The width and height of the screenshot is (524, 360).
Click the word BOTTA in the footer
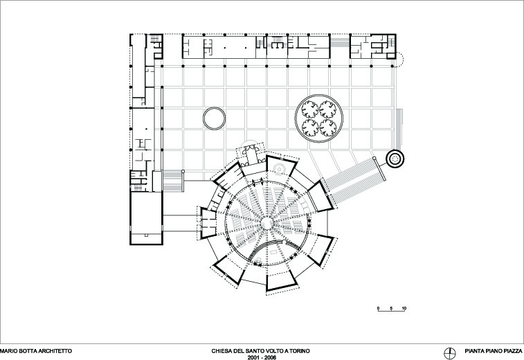click(x=27, y=351)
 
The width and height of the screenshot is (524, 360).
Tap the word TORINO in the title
click(x=300, y=351)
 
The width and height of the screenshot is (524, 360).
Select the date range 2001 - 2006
click(x=262, y=357)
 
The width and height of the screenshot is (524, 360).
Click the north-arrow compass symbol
click(x=450, y=353)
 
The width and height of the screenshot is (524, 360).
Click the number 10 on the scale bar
click(x=404, y=308)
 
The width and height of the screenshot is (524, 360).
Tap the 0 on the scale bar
click(x=379, y=308)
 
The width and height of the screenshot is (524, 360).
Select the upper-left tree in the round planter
click(x=310, y=109)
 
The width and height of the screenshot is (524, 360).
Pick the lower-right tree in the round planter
click(x=328, y=127)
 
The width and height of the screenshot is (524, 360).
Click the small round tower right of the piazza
click(x=395, y=159)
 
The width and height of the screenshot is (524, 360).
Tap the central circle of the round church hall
click(x=266, y=223)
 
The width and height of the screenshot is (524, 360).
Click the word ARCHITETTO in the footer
click(x=55, y=351)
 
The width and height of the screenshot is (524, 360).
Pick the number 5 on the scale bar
click(x=391, y=308)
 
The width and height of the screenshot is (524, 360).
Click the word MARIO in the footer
click(x=8, y=351)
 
